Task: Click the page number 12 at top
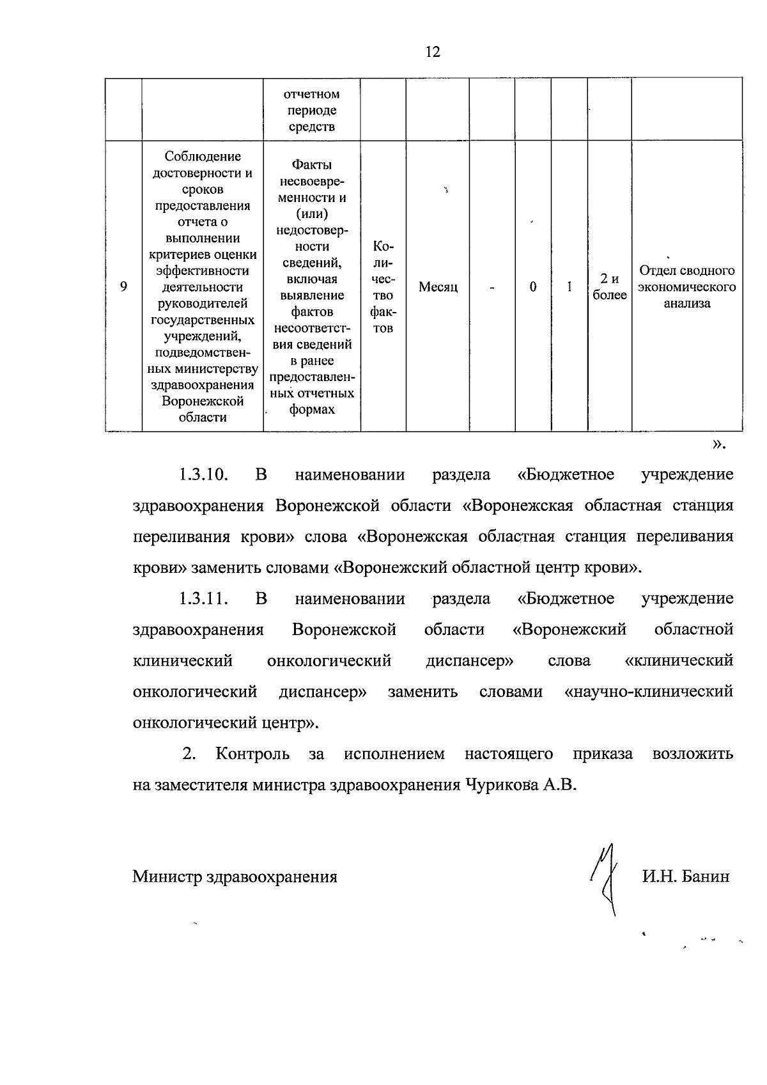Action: (x=433, y=52)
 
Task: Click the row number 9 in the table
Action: (x=123, y=287)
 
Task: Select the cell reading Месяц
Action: (x=438, y=287)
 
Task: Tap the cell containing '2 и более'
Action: (x=609, y=287)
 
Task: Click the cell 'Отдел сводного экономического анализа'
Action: (x=686, y=287)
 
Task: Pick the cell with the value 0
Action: (x=533, y=287)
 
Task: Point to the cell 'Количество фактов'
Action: (x=383, y=287)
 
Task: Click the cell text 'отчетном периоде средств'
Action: (x=311, y=110)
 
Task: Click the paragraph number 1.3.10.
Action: (x=203, y=475)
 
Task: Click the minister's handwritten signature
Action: (x=605, y=878)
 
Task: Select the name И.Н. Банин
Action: (x=685, y=877)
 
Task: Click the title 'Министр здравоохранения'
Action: (x=235, y=877)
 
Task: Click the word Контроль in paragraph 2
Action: (x=252, y=754)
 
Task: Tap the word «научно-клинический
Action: (x=649, y=692)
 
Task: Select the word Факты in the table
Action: (x=311, y=164)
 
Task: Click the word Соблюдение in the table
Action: (x=203, y=157)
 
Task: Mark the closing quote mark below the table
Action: (x=718, y=443)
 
